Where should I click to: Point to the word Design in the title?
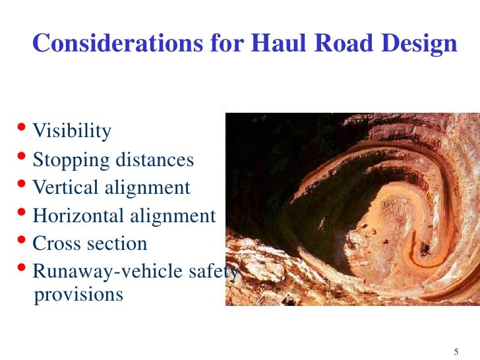tap(413, 44)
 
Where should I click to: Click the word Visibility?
tap(72, 132)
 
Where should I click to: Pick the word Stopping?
tap(65, 160)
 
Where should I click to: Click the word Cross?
tap(55, 243)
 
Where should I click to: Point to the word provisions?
tap(78, 294)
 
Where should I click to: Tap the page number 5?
tap(456, 349)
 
